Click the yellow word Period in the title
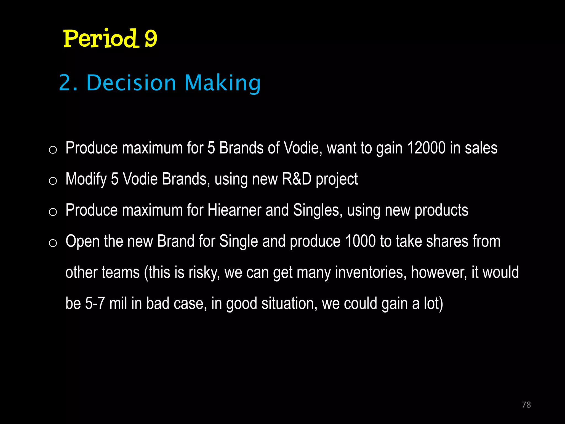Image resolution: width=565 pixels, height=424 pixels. tap(100, 38)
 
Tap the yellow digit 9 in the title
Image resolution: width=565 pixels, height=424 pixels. tap(151, 39)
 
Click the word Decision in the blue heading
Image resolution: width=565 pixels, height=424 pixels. tap(131, 83)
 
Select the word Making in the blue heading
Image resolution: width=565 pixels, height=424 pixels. tap(222, 83)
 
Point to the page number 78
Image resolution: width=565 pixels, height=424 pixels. tap(526, 405)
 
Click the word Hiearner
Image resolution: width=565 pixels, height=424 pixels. tap(234, 210)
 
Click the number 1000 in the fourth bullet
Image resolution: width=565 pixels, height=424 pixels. tap(360, 241)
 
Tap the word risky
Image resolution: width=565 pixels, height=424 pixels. tap(204, 272)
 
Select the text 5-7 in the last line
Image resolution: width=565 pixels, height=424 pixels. tap(95, 303)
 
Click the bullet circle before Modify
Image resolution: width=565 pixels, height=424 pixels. tap(53, 181)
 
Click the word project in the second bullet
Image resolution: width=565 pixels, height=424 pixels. tap(337, 179)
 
